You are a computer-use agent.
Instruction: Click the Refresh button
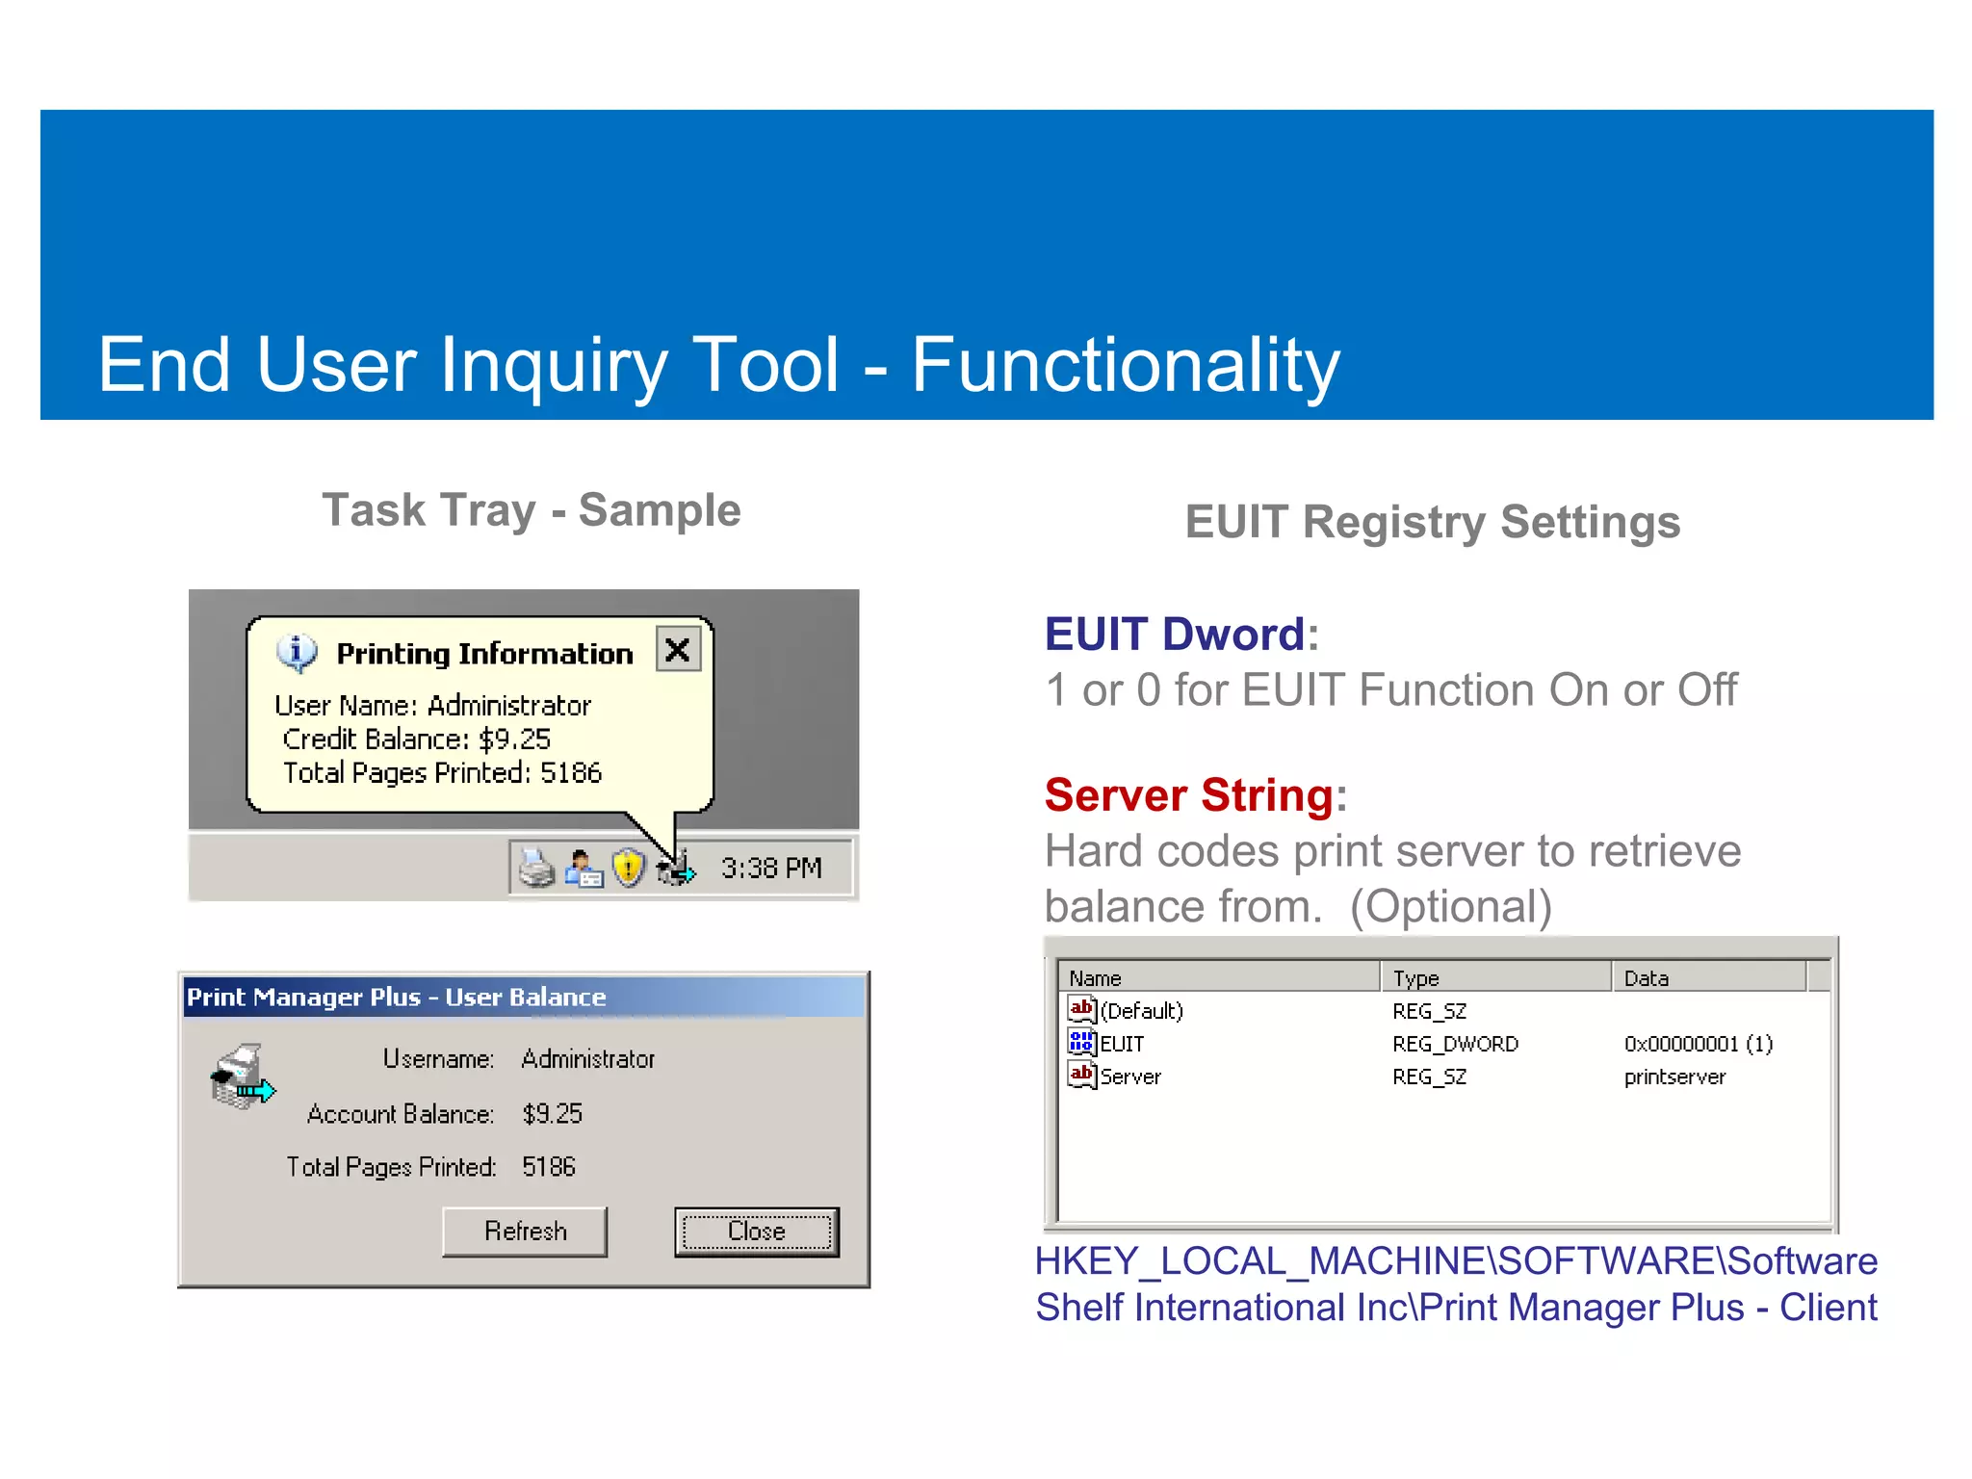coord(525,1232)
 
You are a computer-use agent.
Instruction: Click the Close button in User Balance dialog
coord(756,1232)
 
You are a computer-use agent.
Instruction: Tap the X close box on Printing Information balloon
coord(678,650)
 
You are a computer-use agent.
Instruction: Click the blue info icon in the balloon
coord(297,652)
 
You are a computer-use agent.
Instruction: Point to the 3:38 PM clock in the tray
coord(771,869)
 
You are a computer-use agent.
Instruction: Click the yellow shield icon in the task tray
coord(628,869)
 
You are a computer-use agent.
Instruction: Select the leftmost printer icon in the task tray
coord(536,869)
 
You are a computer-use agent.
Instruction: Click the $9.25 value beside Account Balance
coord(552,1114)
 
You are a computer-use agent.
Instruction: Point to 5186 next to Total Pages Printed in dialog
coord(548,1167)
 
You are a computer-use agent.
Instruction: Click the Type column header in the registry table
coord(1415,978)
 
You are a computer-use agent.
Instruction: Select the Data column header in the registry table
coord(1646,978)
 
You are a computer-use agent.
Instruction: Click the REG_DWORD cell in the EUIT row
coord(1455,1044)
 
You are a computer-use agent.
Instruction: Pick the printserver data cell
coord(1674,1077)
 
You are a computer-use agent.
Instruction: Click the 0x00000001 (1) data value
coord(1698,1044)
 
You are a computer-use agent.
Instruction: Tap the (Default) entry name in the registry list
coord(1141,1011)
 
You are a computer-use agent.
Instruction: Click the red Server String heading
coord(1189,795)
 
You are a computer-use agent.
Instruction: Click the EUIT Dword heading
coord(1175,635)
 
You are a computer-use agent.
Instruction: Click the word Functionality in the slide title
coord(1125,365)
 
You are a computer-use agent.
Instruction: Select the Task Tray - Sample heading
coord(531,510)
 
